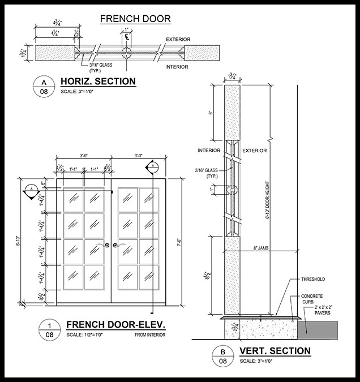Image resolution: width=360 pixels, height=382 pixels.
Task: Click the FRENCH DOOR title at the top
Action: point(135,19)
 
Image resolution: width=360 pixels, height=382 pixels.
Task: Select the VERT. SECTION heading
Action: point(275,351)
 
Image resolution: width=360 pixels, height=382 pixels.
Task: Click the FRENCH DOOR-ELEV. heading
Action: point(115,325)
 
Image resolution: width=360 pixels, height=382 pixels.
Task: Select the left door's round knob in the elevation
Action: point(106,245)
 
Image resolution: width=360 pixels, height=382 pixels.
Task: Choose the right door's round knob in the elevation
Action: point(115,245)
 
